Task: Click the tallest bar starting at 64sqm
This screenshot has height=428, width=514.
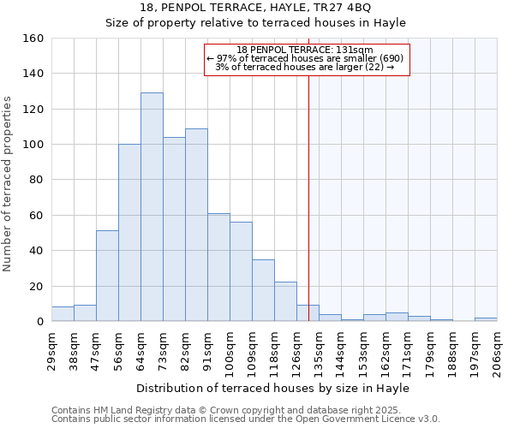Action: pos(152,207)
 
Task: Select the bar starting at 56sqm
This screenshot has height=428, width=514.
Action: pos(129,233)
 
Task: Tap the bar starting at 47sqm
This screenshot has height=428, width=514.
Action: pos(107,276)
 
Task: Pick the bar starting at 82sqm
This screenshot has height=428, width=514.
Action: pos(196,225)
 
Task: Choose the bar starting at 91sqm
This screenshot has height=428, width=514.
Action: pos(218,267)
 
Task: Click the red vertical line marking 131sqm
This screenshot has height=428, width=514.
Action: pos(308,197)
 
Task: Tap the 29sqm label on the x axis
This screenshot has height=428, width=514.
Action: pos(51,349)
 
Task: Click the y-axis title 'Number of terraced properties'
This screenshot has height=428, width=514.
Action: pos(9,183)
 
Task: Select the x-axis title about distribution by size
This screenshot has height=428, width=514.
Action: pos(273,389)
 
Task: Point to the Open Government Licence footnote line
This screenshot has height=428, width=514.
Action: pos(246,419)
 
